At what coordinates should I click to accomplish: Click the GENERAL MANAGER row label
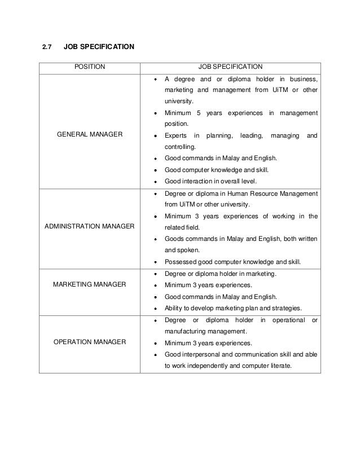click(90, 135)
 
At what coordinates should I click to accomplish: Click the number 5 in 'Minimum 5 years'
click(199, 113)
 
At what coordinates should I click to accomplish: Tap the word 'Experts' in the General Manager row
click(175, 135)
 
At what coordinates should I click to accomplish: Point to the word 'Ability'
click(173, 307)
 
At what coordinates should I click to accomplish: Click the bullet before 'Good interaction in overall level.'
click(156, 182)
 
